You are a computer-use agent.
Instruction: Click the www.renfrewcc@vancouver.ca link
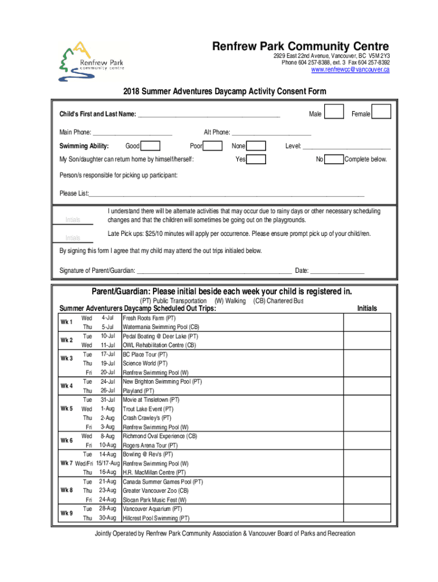click(x=350, y=70)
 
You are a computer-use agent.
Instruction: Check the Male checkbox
click(x=334, y=112)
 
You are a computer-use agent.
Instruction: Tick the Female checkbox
click(x=382, y=112)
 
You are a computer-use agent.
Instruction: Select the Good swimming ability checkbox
click(x=150, y=146)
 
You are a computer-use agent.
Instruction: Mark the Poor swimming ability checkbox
click(x=213, y=146)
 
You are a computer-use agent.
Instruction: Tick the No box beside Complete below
click(x=334, y=159)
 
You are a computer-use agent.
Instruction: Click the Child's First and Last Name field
click(x=209, y=114)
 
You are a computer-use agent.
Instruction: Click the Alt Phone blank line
click(x=271, y=132)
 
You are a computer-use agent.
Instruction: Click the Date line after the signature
click(x=337, y=270)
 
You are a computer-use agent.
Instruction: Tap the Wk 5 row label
click(x=67, y=409)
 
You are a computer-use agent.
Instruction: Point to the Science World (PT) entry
click(x=145, y=364)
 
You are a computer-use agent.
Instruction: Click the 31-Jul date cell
click(x=108, y=400)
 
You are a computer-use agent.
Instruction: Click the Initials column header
click(x=367, y=309)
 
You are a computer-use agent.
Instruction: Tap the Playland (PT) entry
click(x=138, y=391)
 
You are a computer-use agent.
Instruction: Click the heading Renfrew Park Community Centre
click(x=300, y=47)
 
